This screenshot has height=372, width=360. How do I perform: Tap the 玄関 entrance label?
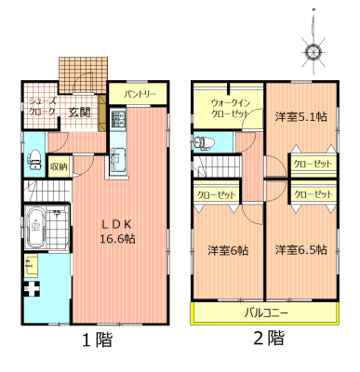point(79,113)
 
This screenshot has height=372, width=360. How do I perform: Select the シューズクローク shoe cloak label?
point(43,106)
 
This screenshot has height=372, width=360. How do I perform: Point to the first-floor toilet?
point(34,160)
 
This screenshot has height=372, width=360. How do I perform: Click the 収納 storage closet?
point(59,166)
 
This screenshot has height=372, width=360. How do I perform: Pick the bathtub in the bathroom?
point(36,228)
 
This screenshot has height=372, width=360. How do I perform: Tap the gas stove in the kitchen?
point(118,118)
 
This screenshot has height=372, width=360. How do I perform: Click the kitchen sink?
point(118,159)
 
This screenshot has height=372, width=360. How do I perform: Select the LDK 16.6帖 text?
point(117,231)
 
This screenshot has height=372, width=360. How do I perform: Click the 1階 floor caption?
point(97,339)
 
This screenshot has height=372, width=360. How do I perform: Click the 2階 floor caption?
point(269,338)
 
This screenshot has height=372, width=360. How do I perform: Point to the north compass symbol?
point(313,50)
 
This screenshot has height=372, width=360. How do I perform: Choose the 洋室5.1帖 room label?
point(300,116)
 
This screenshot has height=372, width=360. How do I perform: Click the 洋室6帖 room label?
point(228,250)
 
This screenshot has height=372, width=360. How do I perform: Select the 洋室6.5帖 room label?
point(300,249)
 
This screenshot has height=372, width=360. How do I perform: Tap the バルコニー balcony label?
point(266,312)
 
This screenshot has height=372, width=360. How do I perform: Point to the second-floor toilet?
point(204,142)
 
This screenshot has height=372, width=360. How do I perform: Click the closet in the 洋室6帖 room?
point(217,195)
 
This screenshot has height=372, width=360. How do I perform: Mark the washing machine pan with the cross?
point(32,288)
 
